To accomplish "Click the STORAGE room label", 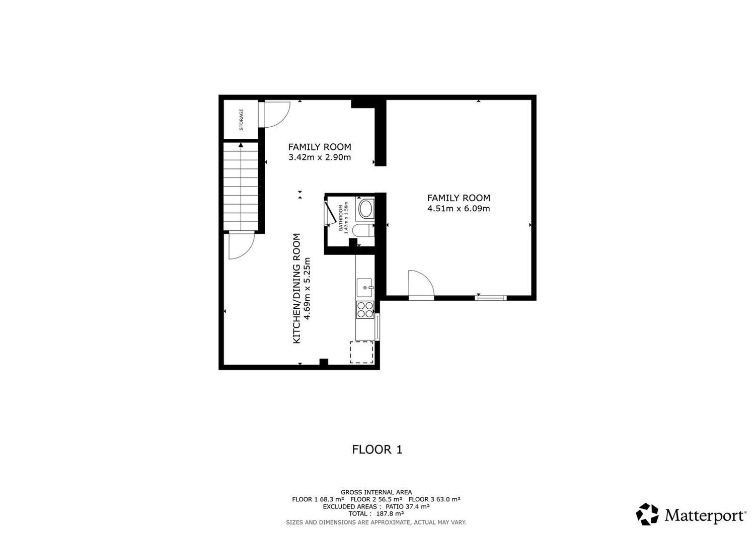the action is [241, 119].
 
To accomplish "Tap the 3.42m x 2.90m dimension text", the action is [320, 157].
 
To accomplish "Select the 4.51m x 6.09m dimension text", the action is [459, 208].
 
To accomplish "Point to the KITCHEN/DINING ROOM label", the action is [296, 289].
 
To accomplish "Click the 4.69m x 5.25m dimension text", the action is [307, 289].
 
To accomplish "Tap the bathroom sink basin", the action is [365, 209].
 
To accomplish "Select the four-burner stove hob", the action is [365, 310].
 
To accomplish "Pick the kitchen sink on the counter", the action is [365, 288].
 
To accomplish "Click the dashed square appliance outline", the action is [361, 352].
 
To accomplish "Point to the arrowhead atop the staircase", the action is [241, 145].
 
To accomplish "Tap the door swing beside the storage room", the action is [276, 115].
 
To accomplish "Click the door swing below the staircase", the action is [241, 246].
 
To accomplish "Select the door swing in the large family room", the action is [421, 283].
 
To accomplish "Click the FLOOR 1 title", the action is [377, 449].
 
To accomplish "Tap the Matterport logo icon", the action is [647, 514].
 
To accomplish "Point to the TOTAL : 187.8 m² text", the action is [376, 513].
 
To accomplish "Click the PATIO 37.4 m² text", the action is [408, 506].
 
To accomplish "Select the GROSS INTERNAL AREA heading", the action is [376, 492].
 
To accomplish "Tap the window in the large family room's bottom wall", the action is [491, 298].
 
